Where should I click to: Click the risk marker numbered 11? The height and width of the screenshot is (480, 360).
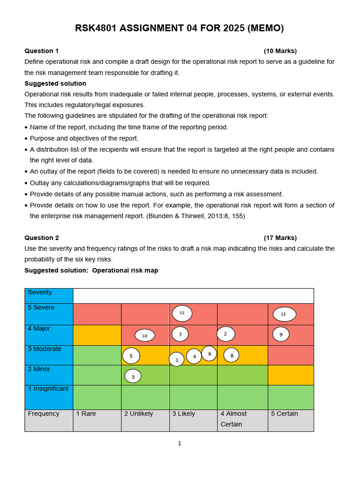click(182, 313)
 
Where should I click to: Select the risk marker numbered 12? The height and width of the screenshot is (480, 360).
click(284, 314)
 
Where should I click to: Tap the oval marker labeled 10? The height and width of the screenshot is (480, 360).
click(145, 336)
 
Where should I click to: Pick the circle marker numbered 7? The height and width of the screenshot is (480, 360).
click(180, 334)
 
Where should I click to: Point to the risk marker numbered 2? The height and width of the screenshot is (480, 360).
click(226, 334)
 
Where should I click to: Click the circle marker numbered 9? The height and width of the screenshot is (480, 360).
click(281, 335)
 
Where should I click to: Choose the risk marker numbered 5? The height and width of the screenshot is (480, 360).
click(131, 356)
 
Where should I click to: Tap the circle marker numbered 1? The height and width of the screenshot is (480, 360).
click(177, 360)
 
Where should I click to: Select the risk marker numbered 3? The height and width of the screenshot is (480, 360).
click(133, 376)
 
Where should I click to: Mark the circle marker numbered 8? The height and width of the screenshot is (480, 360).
click(232, 356)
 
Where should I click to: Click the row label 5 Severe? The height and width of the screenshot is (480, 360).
click(41, 308)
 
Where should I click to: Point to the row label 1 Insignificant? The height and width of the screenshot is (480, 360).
click(48, 389)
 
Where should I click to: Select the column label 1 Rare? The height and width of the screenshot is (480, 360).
click(86, 414)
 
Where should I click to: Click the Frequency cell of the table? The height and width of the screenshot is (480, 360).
click(44, 414)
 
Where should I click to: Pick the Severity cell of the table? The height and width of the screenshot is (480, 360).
click(40, 292)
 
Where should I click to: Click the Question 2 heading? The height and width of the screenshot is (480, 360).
click(42, 238)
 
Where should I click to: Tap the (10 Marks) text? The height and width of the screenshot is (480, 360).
click(280, 51)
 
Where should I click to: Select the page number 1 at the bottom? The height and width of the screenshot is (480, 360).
click(180, 443)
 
